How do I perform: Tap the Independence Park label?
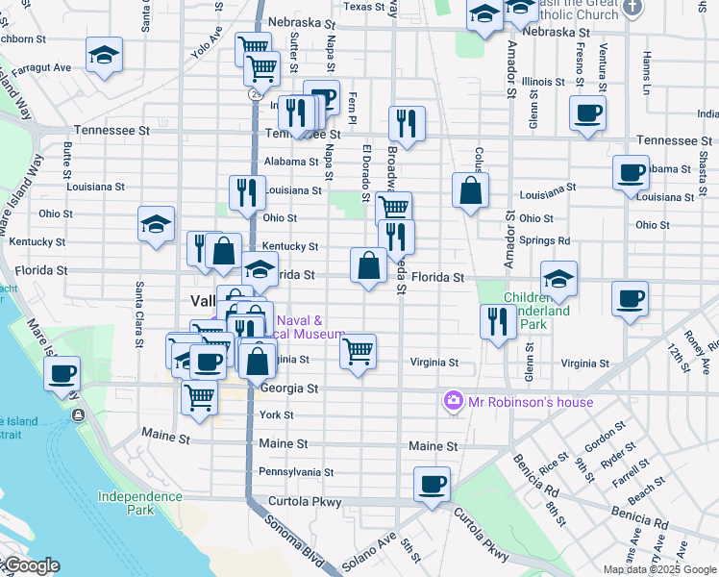(139, 503)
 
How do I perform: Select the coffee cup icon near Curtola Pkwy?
(433, 484)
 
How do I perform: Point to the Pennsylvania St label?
(296, 472)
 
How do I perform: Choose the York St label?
(276, 414)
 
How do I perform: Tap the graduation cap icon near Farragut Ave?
(104, 56)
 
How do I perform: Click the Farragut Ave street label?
(48, 68)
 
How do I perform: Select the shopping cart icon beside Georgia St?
(199, 395)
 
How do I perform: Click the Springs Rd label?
(544, 239)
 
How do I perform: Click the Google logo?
(31, 565)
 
